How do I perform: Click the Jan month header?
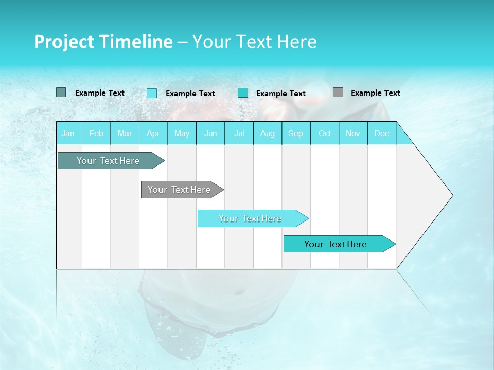pyautogui.click(x=68, y=133)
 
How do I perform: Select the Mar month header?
pyautogui.click(x=125, y=133)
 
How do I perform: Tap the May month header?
pyautogui.click(x=182, y=133)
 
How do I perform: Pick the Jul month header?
pyautogui.click(x=239, y=133)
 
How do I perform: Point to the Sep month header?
pyautogui.click(x=295, y=133)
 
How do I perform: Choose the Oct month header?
pyautogui.click(x=325, y=133)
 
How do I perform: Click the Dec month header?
pyautogui.click(x=381, y=133)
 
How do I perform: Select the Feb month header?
pyautogui.click(x=96, y=133)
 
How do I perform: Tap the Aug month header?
pyautogui.click(x=267, y=133)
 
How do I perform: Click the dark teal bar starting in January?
pyautogui.click(x=108, y=161)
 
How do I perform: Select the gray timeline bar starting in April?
pyautogui.click(x=179, y=190)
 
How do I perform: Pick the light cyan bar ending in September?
pyautogui.click(x=250, y=218)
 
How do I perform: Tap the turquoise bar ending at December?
pyautogui.click(x=336, y=244)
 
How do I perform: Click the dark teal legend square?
pyautogui.click(x=61, y=92)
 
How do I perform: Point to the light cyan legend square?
pyautogui.click(x=152, y=93)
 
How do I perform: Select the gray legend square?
pyautogui.click(x=338, y=92)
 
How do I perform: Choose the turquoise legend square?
pyautogui.click(x=243, y=93)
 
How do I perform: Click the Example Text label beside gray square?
pyautogui.click(x=375, y=93)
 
